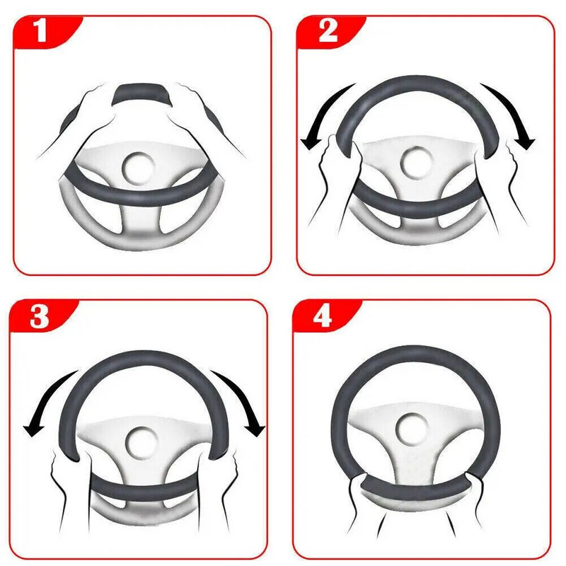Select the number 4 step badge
(323, 316)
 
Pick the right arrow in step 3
(244, 400)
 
